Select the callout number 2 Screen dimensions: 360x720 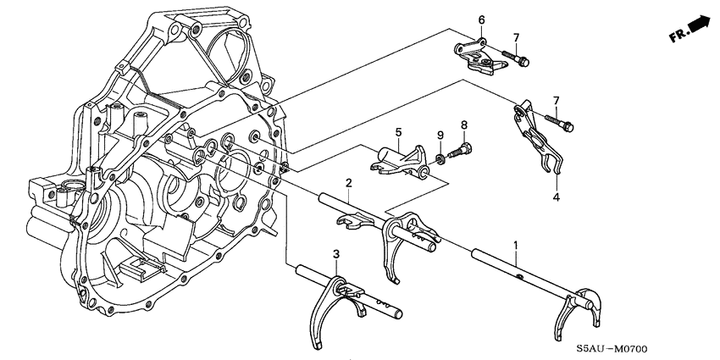click(347, 184)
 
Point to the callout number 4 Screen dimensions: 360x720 click(557, 197)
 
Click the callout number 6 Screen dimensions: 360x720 click(481, 19)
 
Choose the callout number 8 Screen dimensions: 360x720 click(464, 125)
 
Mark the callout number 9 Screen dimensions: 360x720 click(440, 136)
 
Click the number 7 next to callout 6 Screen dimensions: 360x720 click(514, 37)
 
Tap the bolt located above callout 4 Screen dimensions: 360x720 click(563, 125)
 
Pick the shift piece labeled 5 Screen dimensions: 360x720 click(399, 160)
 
